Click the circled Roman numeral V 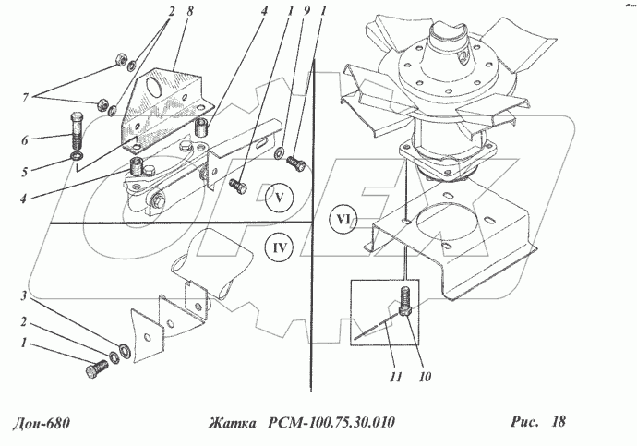point(279,198)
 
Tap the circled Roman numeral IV point(279,247)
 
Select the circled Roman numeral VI point(343,220)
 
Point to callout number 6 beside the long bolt point(25,140)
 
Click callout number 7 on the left point(26,98)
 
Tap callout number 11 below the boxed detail point(395,377)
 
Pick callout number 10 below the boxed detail point(425,377)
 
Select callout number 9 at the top point(306,10)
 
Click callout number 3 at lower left point(24,295)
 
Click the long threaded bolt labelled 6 point(78,130)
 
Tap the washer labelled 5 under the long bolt point(76,156)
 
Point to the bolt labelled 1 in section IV point(97,369)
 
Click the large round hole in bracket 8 point(155,85)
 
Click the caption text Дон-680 point(41,423)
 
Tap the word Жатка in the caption point(233,423)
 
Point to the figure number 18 point(559,421)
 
